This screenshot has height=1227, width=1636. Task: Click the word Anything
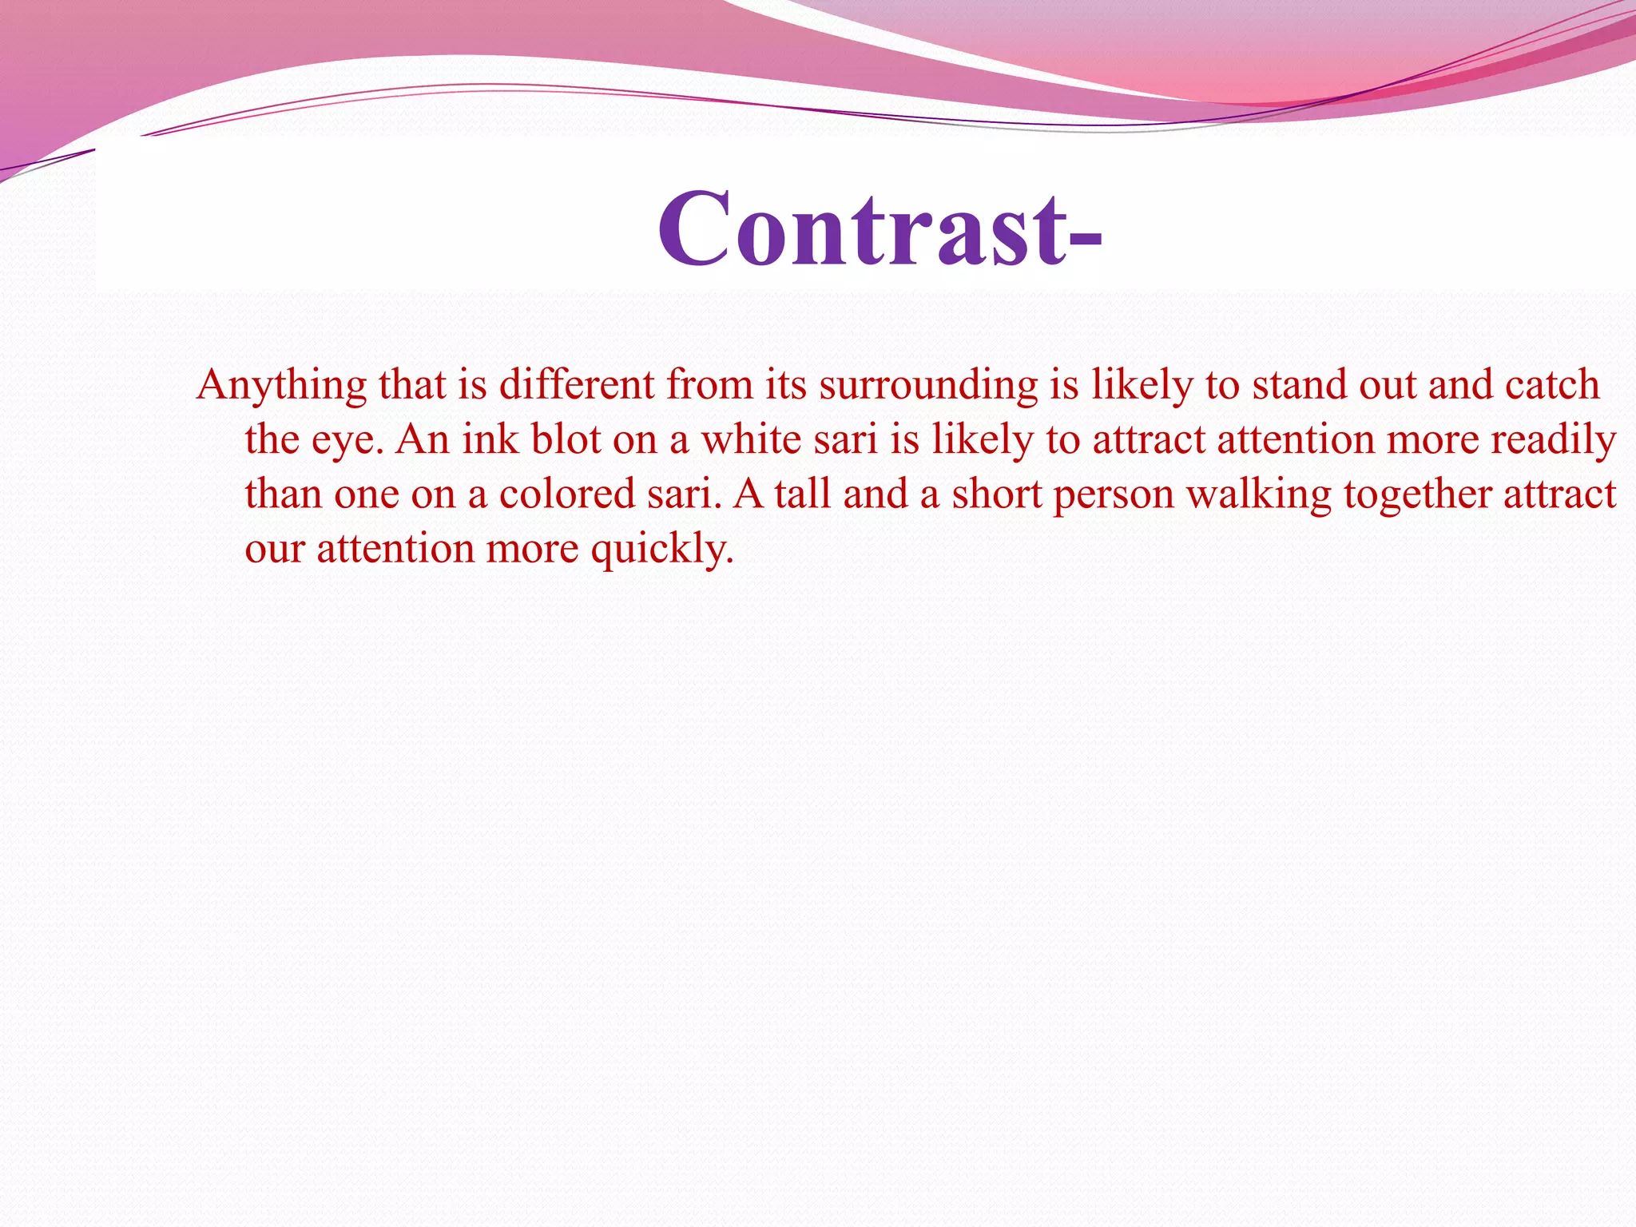[281, 386]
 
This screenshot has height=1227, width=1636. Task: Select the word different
[577, 384]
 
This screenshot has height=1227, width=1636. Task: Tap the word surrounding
[928, 386]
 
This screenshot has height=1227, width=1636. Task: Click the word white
[751, 439]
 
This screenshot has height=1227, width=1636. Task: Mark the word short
[996, 493]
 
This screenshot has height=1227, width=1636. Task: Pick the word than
[284, 493]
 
